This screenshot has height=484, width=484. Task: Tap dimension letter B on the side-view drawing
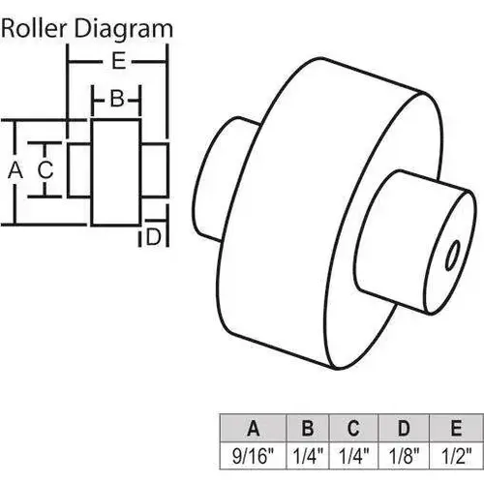(x=115, y=98)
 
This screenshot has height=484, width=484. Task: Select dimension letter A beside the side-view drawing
(x=14, y=171)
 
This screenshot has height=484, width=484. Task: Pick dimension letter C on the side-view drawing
(x=45, y=169)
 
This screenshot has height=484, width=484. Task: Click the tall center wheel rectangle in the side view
(x=115, y=170)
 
